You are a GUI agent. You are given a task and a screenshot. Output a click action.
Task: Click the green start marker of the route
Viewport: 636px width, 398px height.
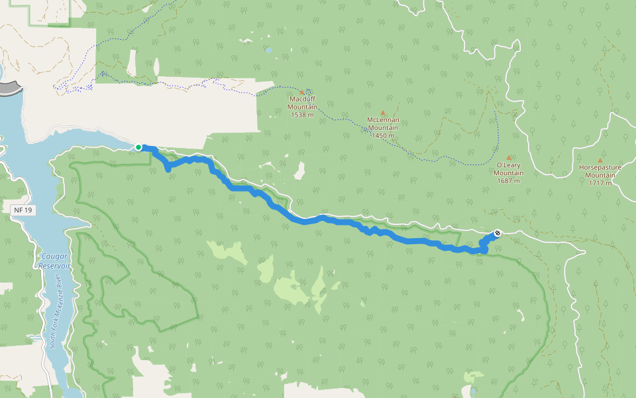coord(138,147)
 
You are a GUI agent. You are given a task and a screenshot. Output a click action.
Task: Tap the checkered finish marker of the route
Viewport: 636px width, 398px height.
coord(497,233)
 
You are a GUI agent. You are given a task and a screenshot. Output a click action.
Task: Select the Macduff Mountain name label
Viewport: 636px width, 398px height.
coord(303,103)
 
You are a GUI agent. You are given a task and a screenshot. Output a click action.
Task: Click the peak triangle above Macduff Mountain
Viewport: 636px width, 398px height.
coord(303,92)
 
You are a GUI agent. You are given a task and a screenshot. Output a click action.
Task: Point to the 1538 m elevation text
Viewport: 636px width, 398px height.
coord(303,115)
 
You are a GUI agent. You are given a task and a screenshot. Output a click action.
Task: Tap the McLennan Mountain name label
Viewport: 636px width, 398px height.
coord(382,123)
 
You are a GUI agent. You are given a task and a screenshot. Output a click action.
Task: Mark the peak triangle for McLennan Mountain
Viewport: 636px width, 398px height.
coord(382,113)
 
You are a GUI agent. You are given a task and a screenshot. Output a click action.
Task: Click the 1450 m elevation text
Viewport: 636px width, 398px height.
coord(382,135)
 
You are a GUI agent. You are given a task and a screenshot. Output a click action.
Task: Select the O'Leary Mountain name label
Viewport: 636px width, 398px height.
coord(509,168)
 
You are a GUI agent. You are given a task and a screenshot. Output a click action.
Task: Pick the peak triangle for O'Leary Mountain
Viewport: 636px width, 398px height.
coord(509,157)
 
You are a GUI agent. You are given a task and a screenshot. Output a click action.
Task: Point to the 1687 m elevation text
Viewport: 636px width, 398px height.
coord(509,180)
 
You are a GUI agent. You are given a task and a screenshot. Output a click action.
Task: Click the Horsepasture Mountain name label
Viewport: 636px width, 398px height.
coord(600,171)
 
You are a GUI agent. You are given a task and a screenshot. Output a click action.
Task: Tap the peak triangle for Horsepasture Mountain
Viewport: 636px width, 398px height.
coord(600,160)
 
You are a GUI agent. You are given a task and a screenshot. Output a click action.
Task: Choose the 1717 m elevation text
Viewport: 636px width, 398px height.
coord(600,183)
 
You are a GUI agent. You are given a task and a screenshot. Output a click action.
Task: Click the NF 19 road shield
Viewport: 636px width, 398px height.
coord(22,210)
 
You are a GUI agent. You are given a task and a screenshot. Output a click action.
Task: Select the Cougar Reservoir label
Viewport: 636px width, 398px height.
coord(54,260)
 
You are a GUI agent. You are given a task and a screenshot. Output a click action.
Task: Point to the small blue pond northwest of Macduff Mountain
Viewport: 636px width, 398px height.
coord(268,50)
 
